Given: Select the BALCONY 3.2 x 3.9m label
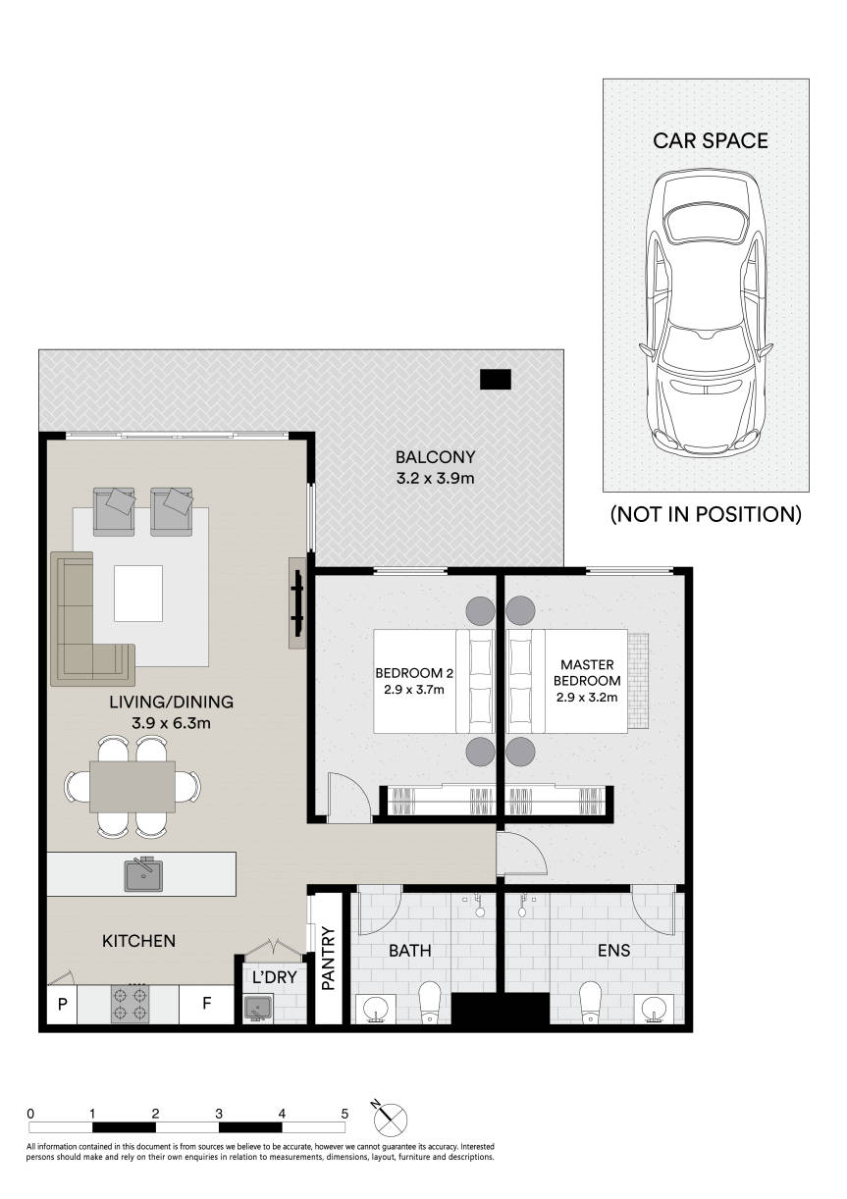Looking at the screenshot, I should pos(435,467).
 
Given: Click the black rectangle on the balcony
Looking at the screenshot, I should pos(496,379).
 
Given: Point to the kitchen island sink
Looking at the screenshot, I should pos(143,873).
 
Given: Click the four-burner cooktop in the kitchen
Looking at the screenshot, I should pos(130,1003).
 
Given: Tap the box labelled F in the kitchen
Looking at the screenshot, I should pos(207,1004).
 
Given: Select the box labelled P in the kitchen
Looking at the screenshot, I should pos(62,1004).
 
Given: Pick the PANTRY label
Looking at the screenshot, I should pos(329,960).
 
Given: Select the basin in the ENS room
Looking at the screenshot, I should pos(652,1008).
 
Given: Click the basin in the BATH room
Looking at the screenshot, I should pos(375,1008).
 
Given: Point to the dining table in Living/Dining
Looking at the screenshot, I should pos(132,786).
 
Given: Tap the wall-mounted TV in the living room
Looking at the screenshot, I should pos(295,602).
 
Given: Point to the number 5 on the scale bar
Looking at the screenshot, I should pos(344,1114).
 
